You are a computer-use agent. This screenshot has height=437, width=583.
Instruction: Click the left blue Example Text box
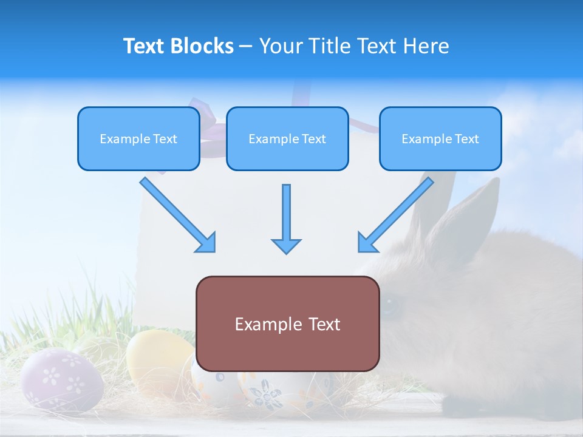(138, 139)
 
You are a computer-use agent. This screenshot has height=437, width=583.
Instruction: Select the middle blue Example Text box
(287, 139)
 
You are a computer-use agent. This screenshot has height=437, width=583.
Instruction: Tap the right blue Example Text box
(440, 139)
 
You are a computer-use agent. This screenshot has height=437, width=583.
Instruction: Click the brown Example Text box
(287, 324)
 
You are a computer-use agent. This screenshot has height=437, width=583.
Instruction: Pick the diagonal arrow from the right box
(396, 214)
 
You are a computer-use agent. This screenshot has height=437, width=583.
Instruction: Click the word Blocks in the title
(202, 46)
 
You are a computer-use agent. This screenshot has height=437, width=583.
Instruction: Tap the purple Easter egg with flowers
(61, 379)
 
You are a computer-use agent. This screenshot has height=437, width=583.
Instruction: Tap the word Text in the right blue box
(466, 139)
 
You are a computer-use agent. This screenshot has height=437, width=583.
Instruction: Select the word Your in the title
(281, 46)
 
